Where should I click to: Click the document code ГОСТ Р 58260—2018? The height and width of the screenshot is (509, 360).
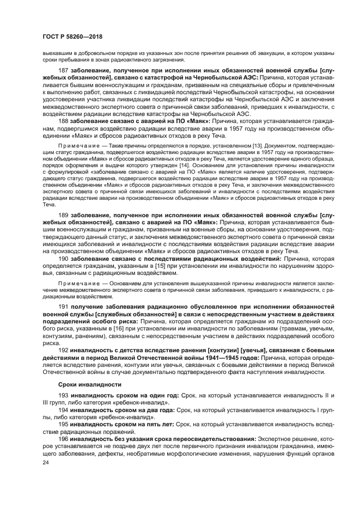click(x=72, y=36)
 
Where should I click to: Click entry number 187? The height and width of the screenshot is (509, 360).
click(x=63, y=71)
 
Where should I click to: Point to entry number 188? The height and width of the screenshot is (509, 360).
click(x=63, y=121)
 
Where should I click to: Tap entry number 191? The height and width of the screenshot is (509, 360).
click(x=63, y=308)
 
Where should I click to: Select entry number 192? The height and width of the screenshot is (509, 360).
click(x=63, y=351)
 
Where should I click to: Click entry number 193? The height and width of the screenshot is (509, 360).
click(x=63, y=395)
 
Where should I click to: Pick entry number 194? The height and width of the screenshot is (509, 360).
click(x=63, y=409)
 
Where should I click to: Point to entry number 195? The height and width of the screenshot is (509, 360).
click(x=63, y=423)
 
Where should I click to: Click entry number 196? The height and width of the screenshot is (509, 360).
click(x=63, y=438)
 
